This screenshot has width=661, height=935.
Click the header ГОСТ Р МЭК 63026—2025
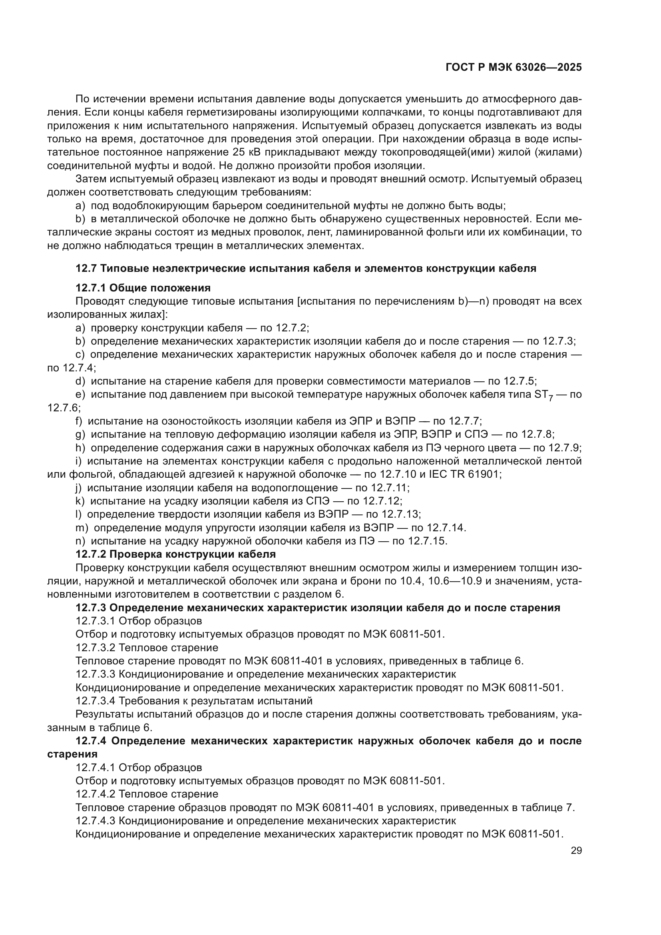coord(514,68)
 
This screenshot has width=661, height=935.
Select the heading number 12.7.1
coord(91,288)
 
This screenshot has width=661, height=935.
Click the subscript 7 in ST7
coord(550,398)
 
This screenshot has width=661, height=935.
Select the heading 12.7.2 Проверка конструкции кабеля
coord(175,554)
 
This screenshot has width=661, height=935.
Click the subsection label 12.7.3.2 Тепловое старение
coord(147,648)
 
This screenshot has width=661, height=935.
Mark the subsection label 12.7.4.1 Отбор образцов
coord(139,768)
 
